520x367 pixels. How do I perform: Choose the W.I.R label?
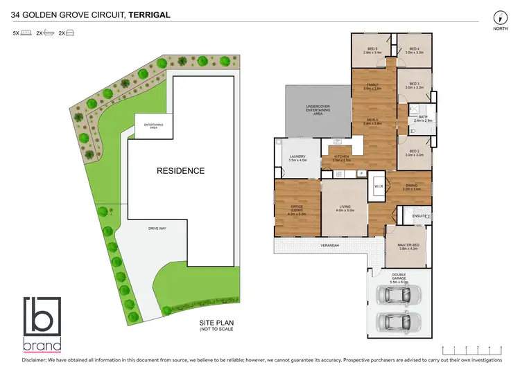click(x=379, y=186)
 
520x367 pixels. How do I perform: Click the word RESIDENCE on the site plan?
click(x=180, y=170)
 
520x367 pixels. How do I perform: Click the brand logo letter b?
click(x=42, y=317)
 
